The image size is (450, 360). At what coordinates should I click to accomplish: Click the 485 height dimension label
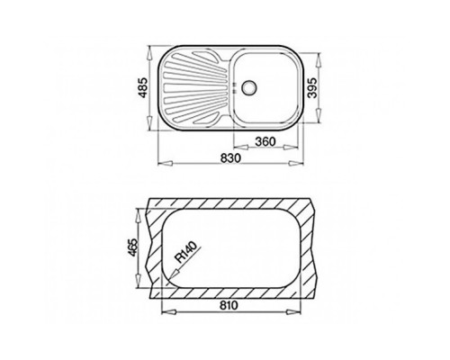[x=143, y=87]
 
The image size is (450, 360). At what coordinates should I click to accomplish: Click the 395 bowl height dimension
[x=312, y=87]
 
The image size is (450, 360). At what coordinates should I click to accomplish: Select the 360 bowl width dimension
[x=265, y=141]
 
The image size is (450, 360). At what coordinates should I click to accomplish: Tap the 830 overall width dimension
[x=230, y=157]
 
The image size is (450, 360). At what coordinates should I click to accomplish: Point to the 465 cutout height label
[x=132, y=247]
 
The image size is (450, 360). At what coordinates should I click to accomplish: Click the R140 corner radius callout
[x=186, y=252]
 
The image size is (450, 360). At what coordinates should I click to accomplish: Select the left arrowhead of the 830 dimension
[x=165, y=163]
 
